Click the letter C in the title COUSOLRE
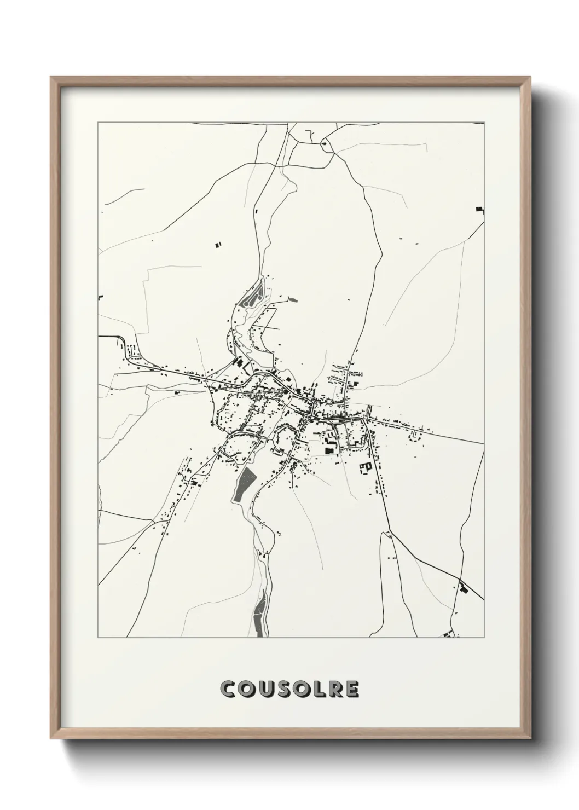(x=228, y=689)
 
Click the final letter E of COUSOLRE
(x=351, y=689)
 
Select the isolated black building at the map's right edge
(x=480, y=209)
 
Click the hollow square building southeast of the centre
(x=365, y=467)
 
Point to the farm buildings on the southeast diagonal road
(x=464, y=589)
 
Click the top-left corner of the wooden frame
(x=51, y=77)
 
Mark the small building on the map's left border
(x=100, y=297)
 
